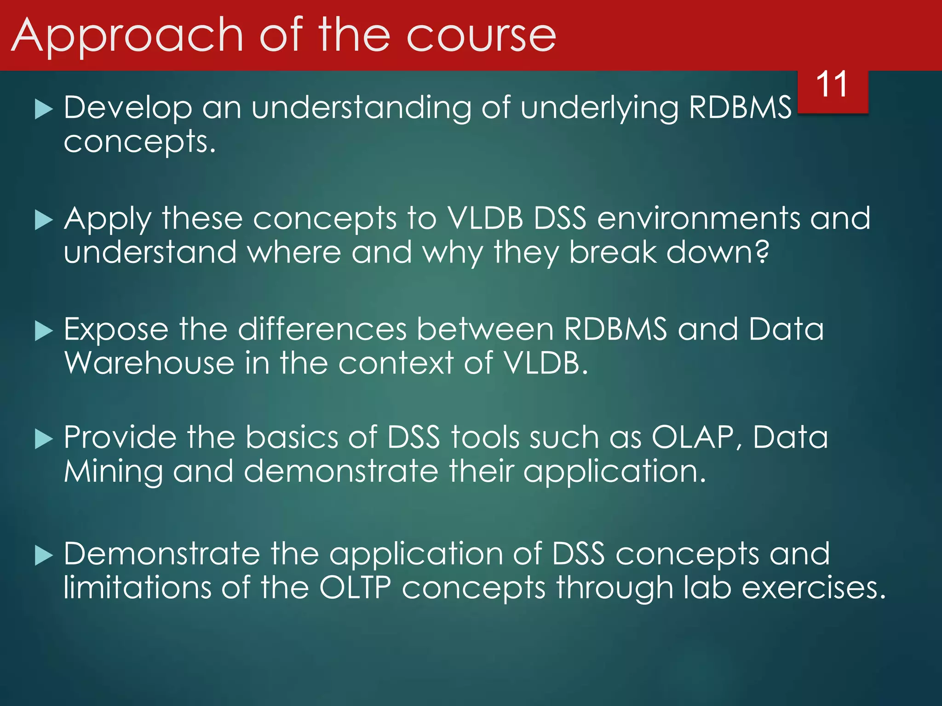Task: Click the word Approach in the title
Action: [127, 37]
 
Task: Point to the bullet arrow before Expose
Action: [44, 331]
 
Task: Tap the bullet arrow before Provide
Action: [44, 439]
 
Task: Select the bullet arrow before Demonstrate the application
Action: [44, 555]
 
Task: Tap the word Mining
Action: [113, 473]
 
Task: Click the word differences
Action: [322, 329]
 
